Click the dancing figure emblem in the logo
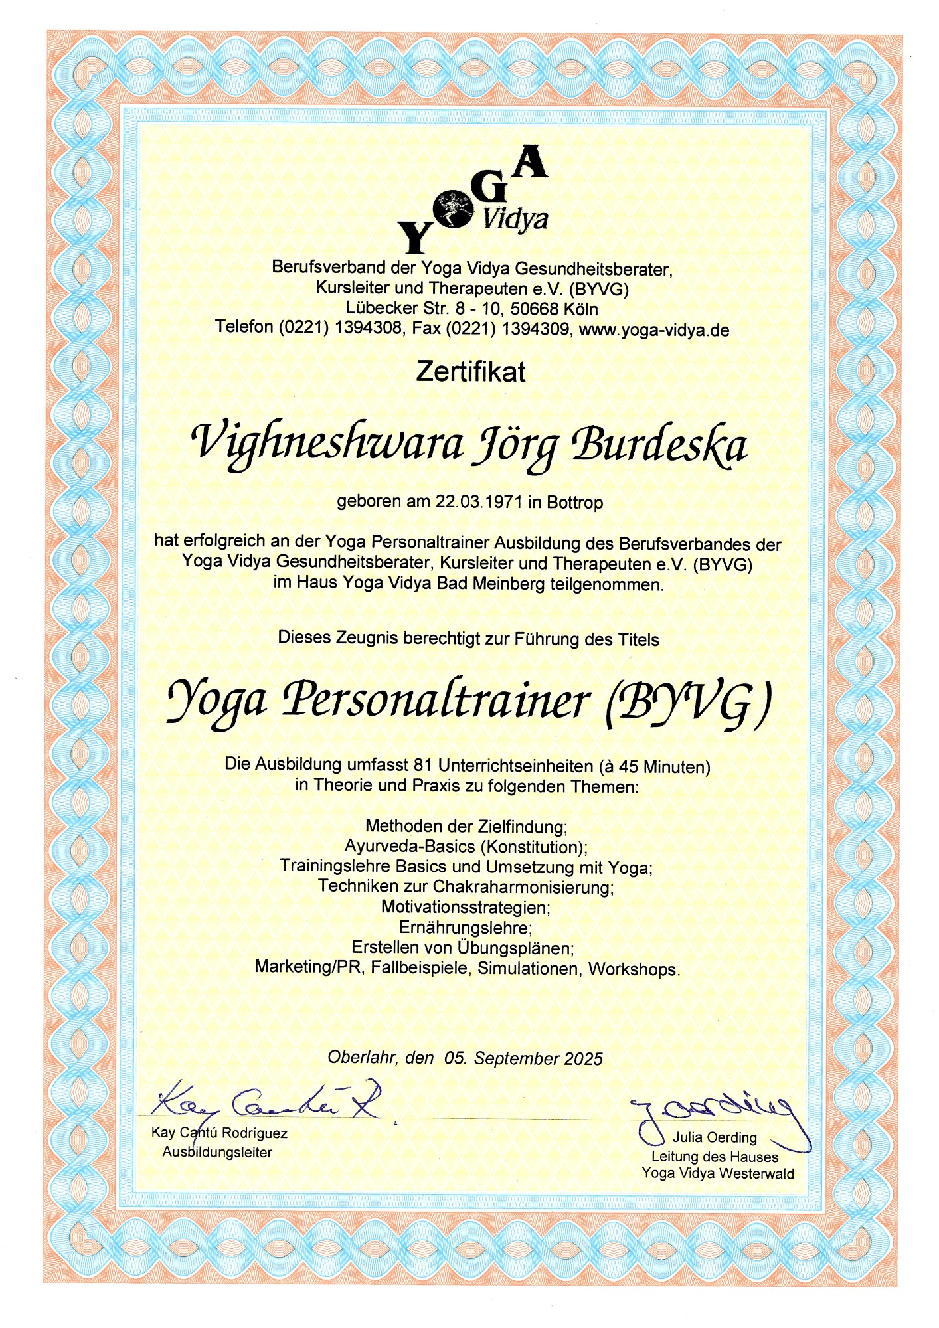pos(454,207)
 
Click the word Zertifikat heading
pos(470,372)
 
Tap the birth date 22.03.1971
pos(478,501)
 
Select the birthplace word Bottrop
pos(574,503)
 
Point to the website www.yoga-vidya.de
pos(654,330)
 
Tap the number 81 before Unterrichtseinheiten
pos(422,765)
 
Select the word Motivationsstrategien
pos(466,907)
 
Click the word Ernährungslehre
pos(466,927)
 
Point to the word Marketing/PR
pos(309,967)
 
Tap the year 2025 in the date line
pos(583,1059)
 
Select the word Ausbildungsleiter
pos(217,1153)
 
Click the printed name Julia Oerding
pos(715,1137)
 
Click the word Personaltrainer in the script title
pos(436,701)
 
